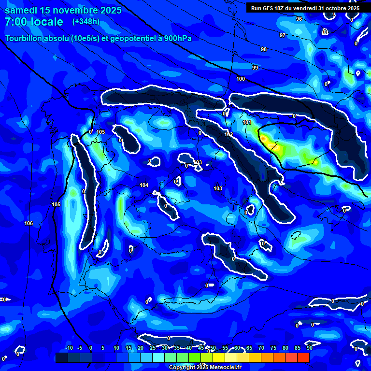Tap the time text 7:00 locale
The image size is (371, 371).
coord(34,22)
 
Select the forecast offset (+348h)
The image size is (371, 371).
coord(86,22)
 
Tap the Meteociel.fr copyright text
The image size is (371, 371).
coord(205,367)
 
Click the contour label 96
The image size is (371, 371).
coord(299,19)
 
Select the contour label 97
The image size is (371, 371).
coord(283,36)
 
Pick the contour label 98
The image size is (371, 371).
coord(264,50)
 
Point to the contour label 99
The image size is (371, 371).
coord(255,68)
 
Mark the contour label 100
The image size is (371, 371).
coord(241,79)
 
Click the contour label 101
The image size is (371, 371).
coord(247,123)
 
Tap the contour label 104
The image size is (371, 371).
coord(144,185)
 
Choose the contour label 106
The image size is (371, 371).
coord(29,223)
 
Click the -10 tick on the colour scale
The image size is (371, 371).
coord(69,348)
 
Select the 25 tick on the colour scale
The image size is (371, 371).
coord(153,348)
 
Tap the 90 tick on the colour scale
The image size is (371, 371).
coord(309,348)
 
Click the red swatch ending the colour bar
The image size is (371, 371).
coord(303,357)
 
